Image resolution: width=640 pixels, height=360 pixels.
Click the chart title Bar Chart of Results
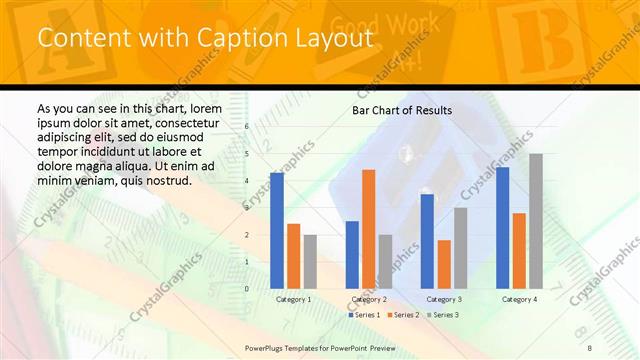pos(402,110)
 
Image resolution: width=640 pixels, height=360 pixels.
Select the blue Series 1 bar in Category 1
pos(277,230)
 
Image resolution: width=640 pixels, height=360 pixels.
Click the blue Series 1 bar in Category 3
pos(427,240)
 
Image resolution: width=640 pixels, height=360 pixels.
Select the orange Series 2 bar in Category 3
pos(444,263)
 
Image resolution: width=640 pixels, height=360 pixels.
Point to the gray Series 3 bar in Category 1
pos(310,261)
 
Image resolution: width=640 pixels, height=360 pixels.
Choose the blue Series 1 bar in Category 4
pos(503,227)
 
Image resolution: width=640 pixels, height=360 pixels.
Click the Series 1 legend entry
pos(362,315)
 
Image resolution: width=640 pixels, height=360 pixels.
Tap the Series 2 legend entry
pos(402,315)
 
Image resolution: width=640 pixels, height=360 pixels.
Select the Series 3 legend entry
pos(442,315)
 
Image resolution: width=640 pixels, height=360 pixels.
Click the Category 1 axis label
pos(293,299)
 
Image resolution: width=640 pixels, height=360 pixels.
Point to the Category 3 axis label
pos(444,299)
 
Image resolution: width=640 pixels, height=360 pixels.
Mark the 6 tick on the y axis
pos(247,127)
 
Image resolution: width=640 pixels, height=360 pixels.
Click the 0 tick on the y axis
pos(247,288)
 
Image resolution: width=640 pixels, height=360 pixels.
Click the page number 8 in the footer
pos(589,346)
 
